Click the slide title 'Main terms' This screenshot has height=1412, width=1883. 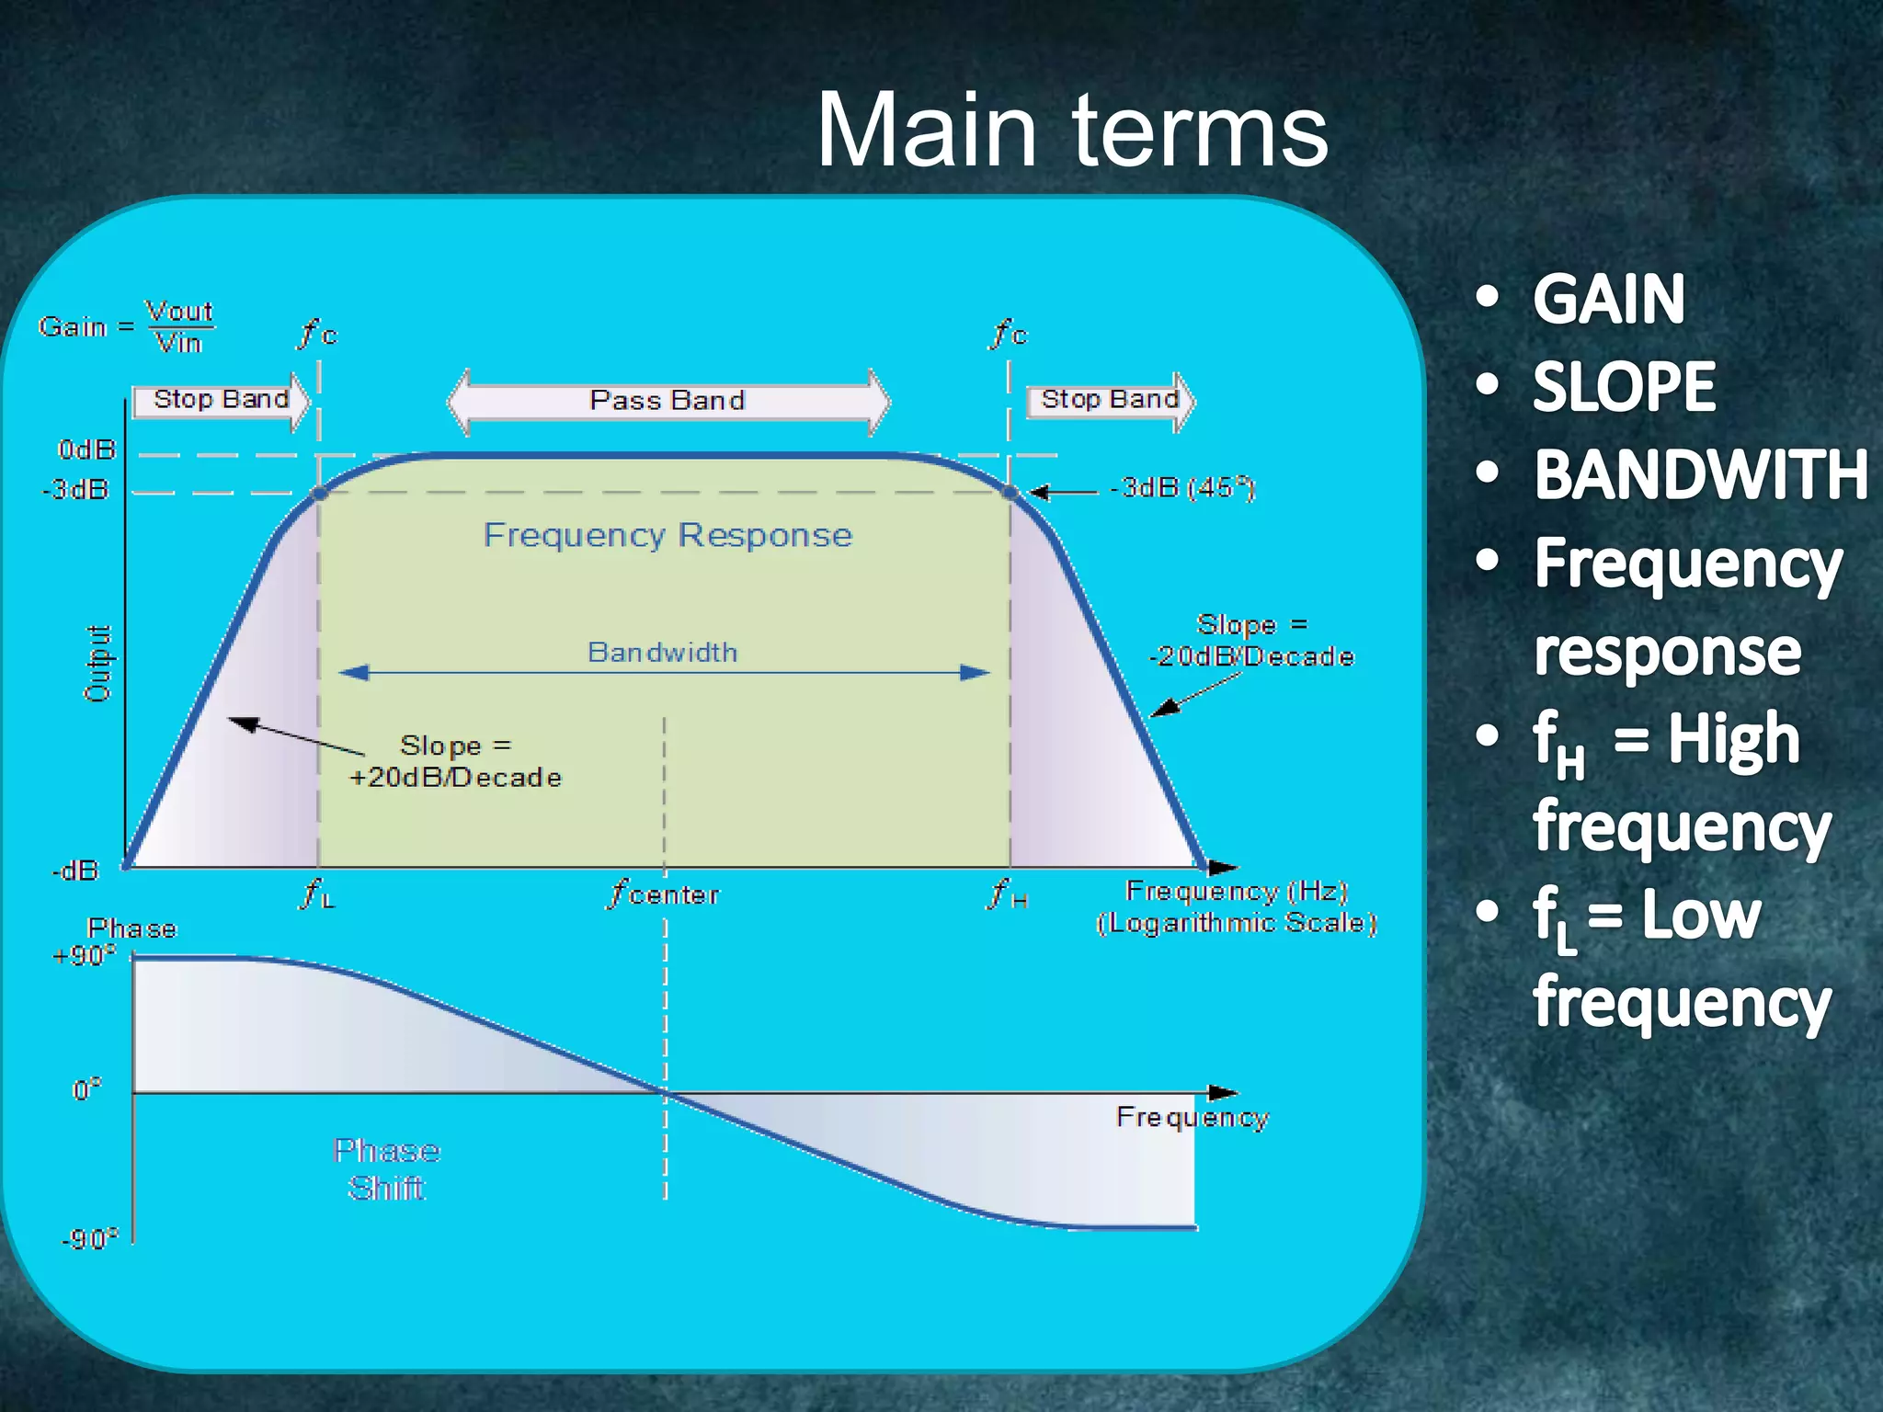(x=1071, y=131)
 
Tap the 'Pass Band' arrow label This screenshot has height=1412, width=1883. (x=668, y=401)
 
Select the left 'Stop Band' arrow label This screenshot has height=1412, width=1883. (x=221, y=400)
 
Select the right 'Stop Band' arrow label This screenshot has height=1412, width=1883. (x=1110, y=400)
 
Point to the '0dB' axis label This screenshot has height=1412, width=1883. (x=86, y=450)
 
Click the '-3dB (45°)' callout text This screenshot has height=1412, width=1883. (x=1182, y=488)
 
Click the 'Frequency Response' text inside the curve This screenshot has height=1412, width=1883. (x=668, y=535)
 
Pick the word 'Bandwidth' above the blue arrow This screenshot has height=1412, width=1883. (x=662, y=653)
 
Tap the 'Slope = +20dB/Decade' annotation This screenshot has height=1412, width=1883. (x=455, y=761)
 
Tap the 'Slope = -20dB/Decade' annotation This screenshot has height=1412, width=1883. (x=1251, y=641)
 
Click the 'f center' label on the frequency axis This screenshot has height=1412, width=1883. (x=664, y=894)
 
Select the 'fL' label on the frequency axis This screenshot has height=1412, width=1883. (x=317, y=894)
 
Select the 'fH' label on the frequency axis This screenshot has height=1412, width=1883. (x=1008, y=894)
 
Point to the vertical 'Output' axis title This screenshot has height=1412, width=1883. (x=97, y=664)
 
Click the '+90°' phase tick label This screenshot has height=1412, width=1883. (x=84, y=956)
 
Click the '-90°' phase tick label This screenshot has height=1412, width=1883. (x=89, y=1240)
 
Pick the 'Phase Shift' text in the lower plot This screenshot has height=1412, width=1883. (x=386, y=1169)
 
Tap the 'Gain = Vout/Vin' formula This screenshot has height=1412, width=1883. (x=127, y=327)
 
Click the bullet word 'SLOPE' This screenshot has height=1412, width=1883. (x=1624, y=387)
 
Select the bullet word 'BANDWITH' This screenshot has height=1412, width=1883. (x=1700, y=475)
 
